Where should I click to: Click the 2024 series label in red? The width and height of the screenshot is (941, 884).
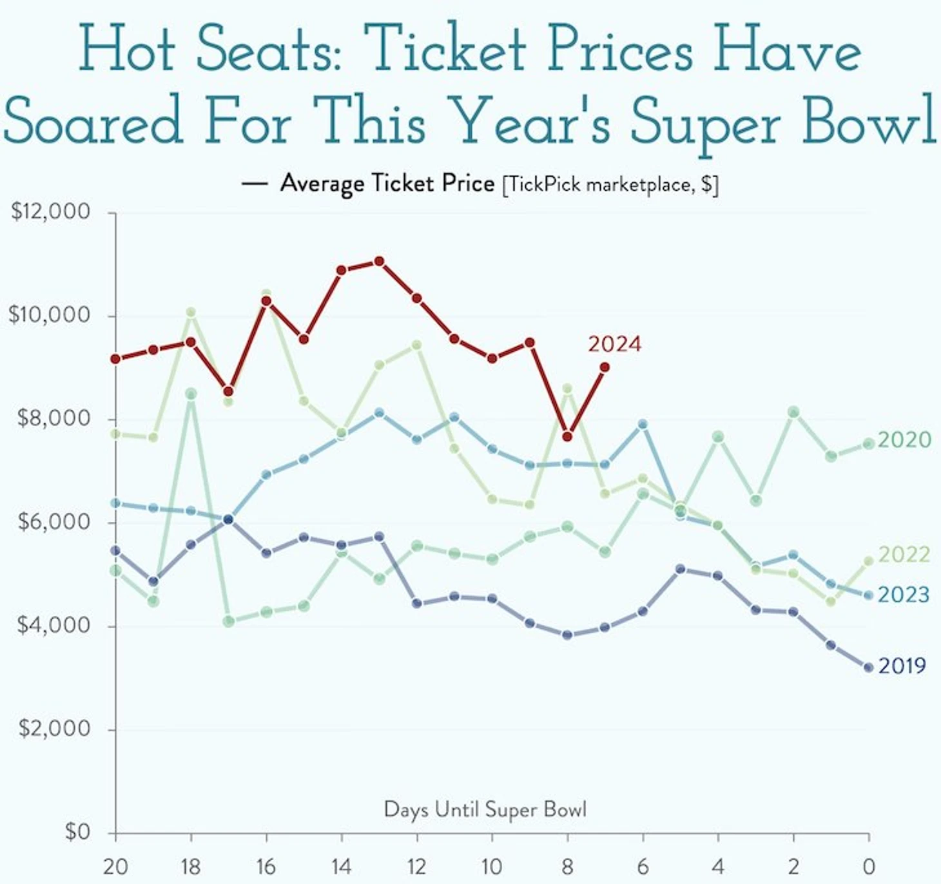coord(614,344)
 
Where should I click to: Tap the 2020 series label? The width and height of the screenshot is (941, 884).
coord(904,439)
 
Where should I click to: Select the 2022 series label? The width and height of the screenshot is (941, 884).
coord(904,554)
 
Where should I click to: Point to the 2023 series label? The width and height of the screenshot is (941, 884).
coord(904,594)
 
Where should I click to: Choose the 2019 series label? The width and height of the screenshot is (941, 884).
coord(902,665)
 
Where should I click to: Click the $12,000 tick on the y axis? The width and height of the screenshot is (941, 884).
coord(50,211)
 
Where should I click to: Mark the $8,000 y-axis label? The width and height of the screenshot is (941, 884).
coord(54,418)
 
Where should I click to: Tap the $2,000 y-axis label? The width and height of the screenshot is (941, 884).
coord(54,728)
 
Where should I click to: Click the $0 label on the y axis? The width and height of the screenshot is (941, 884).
coord(77,832)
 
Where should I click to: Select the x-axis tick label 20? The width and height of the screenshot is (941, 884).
coord(115,867)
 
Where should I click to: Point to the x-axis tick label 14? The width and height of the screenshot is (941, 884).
coord(341,867)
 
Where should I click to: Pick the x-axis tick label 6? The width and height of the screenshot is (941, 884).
coord(643,867)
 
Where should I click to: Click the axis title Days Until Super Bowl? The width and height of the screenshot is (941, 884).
coord(485,809)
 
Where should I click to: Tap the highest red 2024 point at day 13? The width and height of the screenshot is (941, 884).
coord(379,261)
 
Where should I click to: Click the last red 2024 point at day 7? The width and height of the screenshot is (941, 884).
coord(605,367)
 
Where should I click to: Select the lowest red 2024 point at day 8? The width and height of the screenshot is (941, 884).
coord(567,437)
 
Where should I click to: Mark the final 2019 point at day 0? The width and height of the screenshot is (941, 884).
coord(868,668)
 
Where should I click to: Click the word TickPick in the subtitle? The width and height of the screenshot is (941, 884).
coord(545,185)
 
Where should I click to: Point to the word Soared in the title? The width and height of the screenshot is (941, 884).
coord(93,120)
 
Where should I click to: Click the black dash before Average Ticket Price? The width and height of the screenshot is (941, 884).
coord(254,184)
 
